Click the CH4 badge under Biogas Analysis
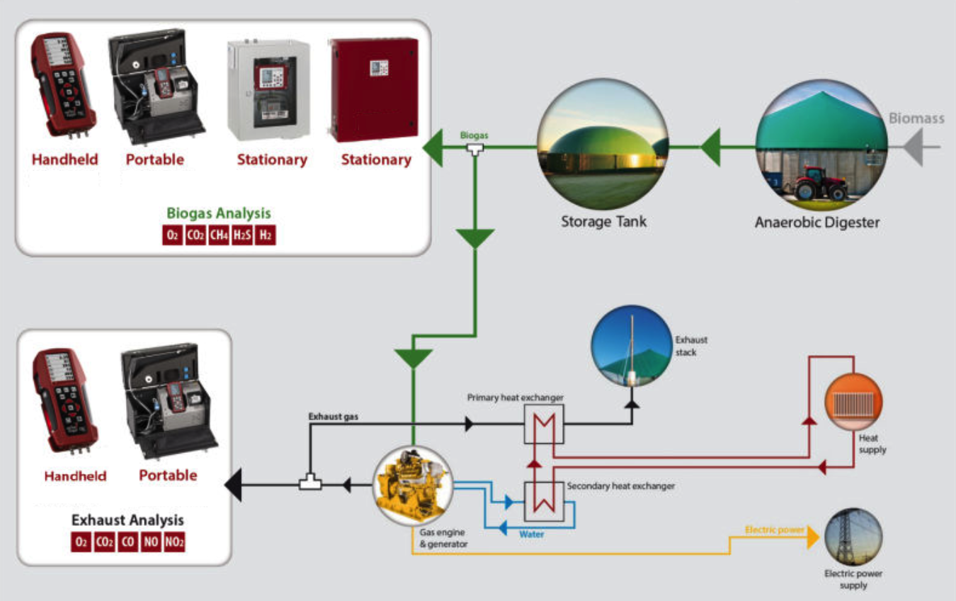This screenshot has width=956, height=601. click(x=218, y=235)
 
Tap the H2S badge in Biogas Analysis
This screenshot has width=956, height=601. click(x=241, y=235)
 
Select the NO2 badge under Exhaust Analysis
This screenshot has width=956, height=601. click(x=174, y=543)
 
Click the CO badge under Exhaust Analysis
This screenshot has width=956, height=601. click(x=128, y=543)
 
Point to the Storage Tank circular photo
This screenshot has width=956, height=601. click(x=603, y=143)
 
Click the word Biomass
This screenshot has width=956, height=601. click(x=916, y=118)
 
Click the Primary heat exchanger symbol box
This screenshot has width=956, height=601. click(x=543, y=425)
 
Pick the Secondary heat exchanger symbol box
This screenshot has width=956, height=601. click(x=543, y=501)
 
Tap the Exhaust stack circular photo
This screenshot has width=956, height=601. click(x=631, y=347)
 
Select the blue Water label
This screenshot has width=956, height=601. click(x=532, y=534)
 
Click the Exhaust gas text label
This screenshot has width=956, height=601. click(x=333, y=417)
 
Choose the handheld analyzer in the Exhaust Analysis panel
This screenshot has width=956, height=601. click(x=64, y=401)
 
